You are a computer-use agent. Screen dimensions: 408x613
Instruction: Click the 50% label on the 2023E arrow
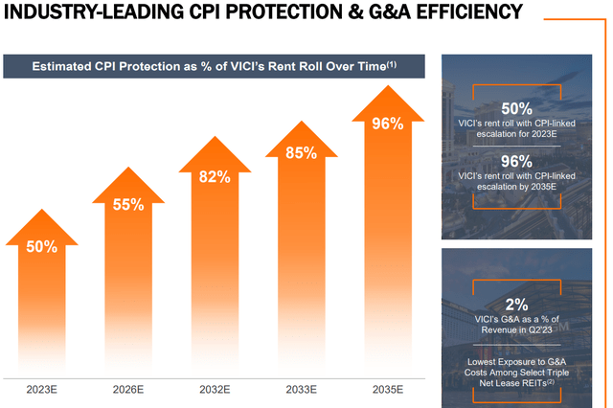click(41, 246)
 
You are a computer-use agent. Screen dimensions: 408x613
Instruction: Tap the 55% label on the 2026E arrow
click(127, 204)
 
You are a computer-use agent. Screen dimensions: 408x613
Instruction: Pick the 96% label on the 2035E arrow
click(387, 124)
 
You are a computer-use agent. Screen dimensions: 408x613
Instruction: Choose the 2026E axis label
click(127, 389)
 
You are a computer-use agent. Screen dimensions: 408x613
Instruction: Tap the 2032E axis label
click(215, 389)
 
